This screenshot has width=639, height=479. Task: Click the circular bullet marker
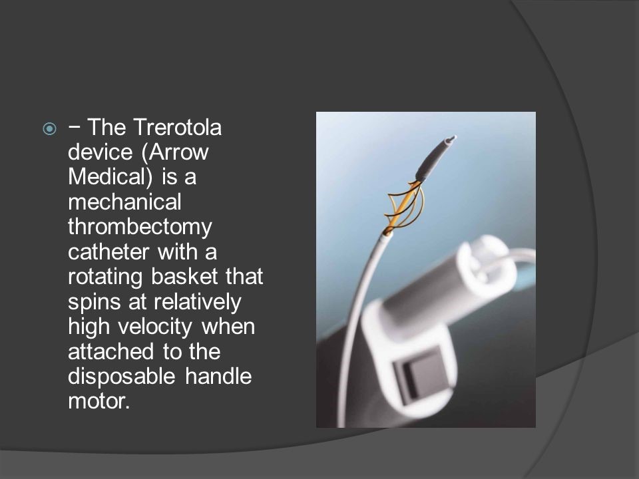coord(50,129)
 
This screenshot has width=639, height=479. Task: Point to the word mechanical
coord(124,202)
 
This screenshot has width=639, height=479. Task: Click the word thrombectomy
coord(140,228)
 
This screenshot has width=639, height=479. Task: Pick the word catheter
coord(108,252)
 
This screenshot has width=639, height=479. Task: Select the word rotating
coord(105,277)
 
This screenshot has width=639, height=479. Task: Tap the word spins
coord(94,303)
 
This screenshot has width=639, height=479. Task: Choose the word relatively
coord(198,302)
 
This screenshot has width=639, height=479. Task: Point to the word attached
coord(111,352)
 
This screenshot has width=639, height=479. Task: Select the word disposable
coord(121,377)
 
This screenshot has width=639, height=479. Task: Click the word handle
coord(218,376)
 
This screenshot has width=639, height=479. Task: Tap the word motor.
coord(99,402)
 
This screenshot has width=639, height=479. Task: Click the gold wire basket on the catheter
coord(404,206)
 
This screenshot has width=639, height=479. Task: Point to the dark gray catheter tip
coord(435,158)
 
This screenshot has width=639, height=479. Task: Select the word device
coord(101,152)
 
